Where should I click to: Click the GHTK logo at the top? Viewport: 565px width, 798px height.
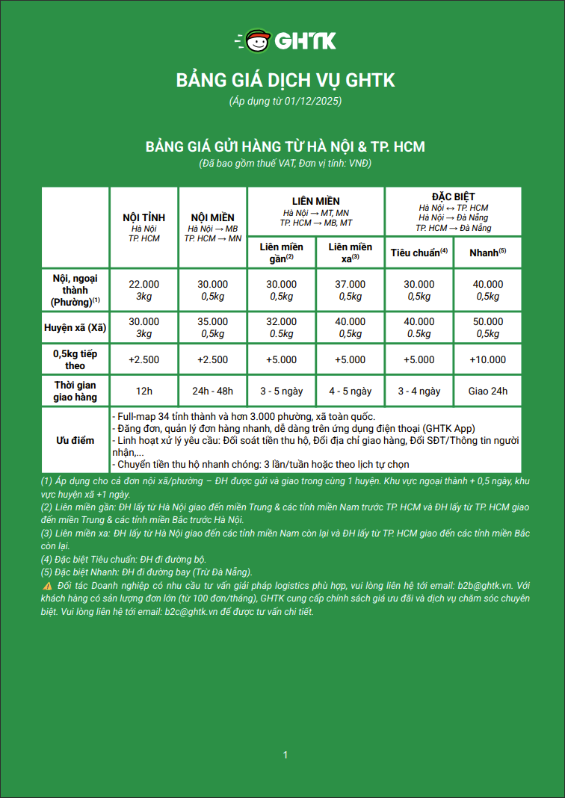(285, 40)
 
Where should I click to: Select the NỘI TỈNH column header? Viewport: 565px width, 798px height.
(144, 217)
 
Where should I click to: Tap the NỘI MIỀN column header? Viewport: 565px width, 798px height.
(213, 217)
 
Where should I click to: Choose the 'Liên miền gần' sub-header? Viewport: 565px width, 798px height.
(281, 252)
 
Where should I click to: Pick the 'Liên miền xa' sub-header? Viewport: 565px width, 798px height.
(350, 252)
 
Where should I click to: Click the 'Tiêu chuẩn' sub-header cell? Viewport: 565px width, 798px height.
(419, 253)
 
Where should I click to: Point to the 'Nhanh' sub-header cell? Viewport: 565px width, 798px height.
(487, 253)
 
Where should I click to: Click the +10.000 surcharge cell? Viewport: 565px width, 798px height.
(487, 359)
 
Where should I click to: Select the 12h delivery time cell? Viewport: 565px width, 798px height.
(144, 391)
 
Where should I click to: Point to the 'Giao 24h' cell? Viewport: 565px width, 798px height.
(487, 391)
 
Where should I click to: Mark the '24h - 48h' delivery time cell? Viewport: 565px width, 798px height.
(213, 391)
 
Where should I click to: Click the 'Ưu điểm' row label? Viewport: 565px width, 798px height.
(75, 440)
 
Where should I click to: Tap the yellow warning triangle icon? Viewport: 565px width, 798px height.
(48, 585)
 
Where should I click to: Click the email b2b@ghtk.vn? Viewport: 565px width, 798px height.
(483, 585)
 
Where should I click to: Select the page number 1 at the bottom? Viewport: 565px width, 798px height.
(285, 755)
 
